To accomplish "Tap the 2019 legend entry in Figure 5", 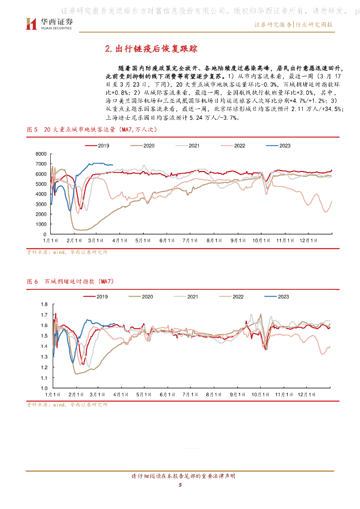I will click(98, 145).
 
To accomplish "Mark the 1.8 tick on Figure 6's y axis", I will click(43, 304).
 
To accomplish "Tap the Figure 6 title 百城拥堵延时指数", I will click(80, 282).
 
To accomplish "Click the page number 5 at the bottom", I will click(180, 485).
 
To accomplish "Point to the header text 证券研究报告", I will click(273, 24).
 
